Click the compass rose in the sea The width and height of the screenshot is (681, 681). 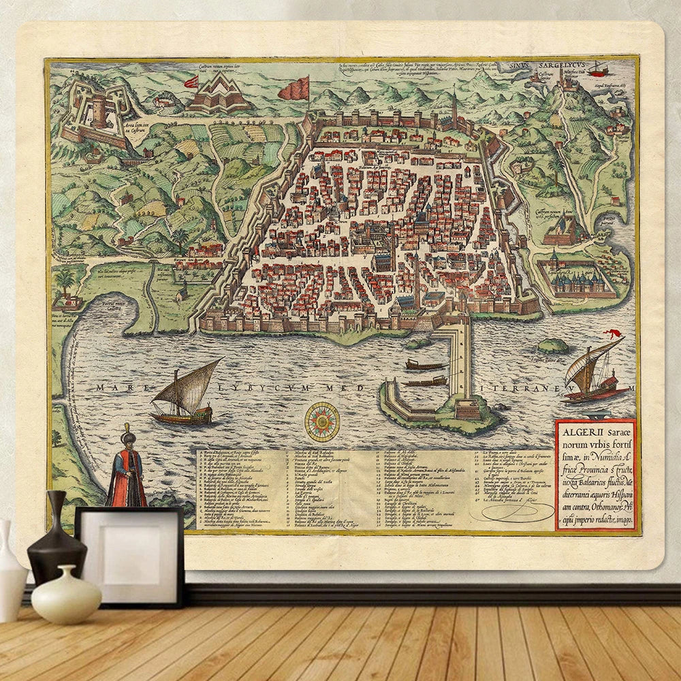322,422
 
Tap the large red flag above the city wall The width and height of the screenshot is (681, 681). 295,89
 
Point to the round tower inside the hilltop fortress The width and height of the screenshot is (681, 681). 100,109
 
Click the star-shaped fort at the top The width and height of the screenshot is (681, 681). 219,95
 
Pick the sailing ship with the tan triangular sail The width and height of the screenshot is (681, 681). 185,394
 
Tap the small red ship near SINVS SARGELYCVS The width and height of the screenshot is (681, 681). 598,68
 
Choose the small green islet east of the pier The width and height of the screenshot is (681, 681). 553,345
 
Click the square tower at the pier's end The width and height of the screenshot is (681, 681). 467,409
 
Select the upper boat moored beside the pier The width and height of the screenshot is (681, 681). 424,366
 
